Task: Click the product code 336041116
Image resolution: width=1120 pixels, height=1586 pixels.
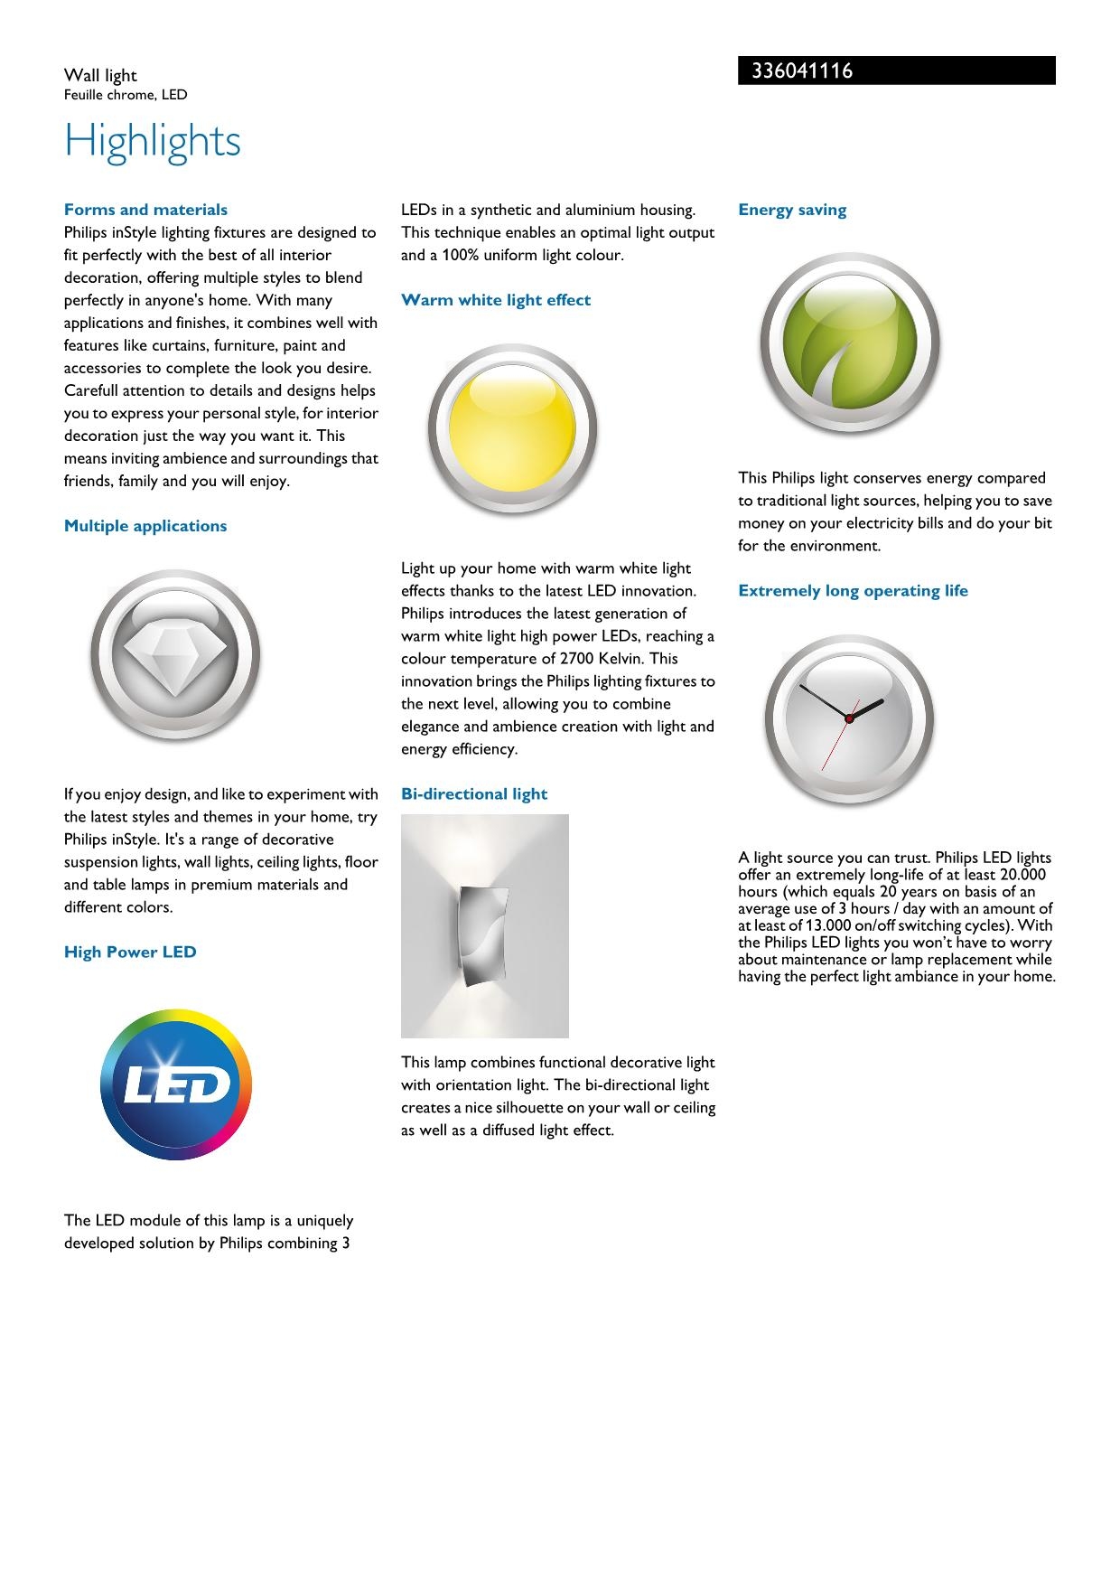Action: point(796,71)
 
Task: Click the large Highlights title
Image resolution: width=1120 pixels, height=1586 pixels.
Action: point(153,141)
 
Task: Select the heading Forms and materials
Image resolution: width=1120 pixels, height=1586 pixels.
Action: point(145,210)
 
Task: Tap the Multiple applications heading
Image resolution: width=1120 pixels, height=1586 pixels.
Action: point(145,526)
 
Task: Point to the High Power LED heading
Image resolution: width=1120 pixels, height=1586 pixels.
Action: point(130,952)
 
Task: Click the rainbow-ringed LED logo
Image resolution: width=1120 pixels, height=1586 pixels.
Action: point(176,1084)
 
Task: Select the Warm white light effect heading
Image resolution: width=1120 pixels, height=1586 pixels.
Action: point(496,300)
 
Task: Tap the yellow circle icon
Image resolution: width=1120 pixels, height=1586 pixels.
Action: point(512,428)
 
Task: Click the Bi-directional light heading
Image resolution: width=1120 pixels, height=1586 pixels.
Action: point(474,793)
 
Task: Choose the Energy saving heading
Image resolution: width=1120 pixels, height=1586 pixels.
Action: point(792,210)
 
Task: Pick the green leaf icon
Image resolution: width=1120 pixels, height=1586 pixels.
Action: point(849,343)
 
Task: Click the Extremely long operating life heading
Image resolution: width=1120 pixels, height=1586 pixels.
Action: point(853,591)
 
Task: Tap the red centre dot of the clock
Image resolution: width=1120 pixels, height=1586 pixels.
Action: point(849,718)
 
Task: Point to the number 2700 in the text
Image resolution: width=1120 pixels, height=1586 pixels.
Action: point(576,659)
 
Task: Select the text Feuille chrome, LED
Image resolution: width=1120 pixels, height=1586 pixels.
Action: point(126,95)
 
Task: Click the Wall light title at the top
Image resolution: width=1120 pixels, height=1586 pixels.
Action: point(100,76)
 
